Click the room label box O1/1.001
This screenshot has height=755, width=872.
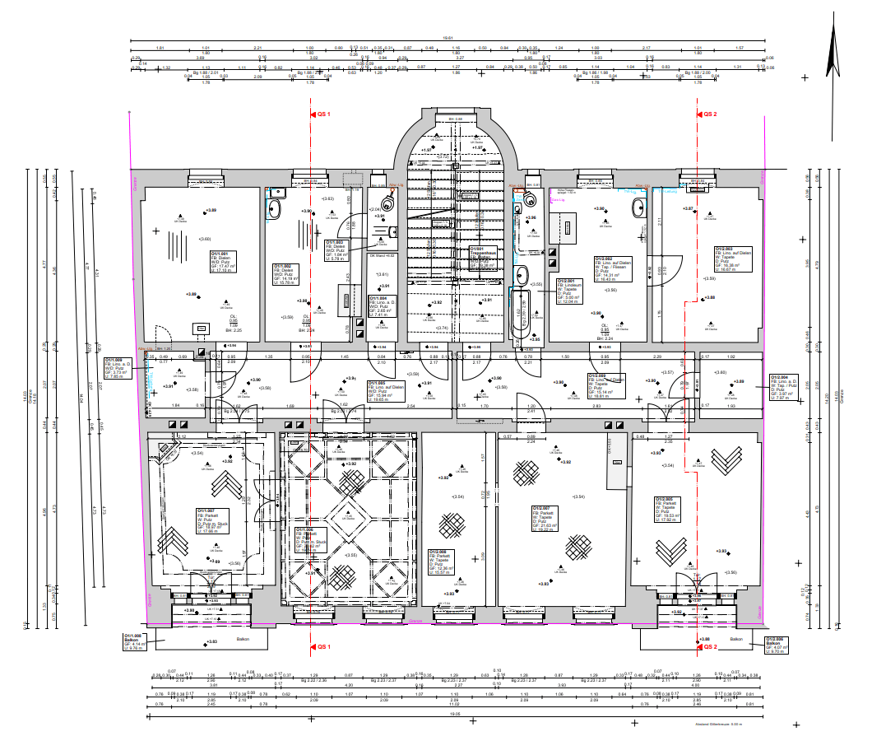223,261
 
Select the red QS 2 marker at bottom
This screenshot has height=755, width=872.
710,647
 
